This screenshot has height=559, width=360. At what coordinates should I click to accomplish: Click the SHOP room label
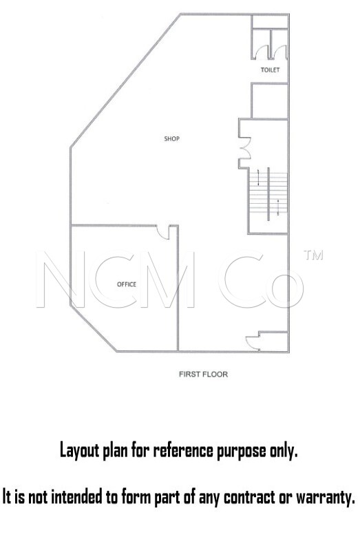[x=171, y=138]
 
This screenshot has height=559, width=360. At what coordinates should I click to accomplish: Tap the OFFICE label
[x=127, y=284]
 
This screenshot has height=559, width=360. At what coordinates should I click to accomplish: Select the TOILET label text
[x=270, y=70]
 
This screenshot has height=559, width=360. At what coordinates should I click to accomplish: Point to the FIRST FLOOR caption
[x=203, y=374]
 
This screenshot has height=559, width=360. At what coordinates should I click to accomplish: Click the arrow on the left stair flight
[x=259, y=177]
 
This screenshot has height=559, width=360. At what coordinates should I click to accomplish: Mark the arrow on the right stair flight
[x=278, y=207]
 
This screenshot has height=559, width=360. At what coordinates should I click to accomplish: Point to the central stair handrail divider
[x=268, y=193]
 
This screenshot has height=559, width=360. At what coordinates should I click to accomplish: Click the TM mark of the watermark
[x=313, y=255]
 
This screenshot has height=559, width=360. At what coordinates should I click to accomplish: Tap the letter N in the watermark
[x=61, y=279]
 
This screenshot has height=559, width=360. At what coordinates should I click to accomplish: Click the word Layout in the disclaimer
[x=78, y=451]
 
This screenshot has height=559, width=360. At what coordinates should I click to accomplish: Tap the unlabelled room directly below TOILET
[x=269, y=101]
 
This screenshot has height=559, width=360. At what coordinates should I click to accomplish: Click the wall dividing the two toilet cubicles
[x=271, y=43]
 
